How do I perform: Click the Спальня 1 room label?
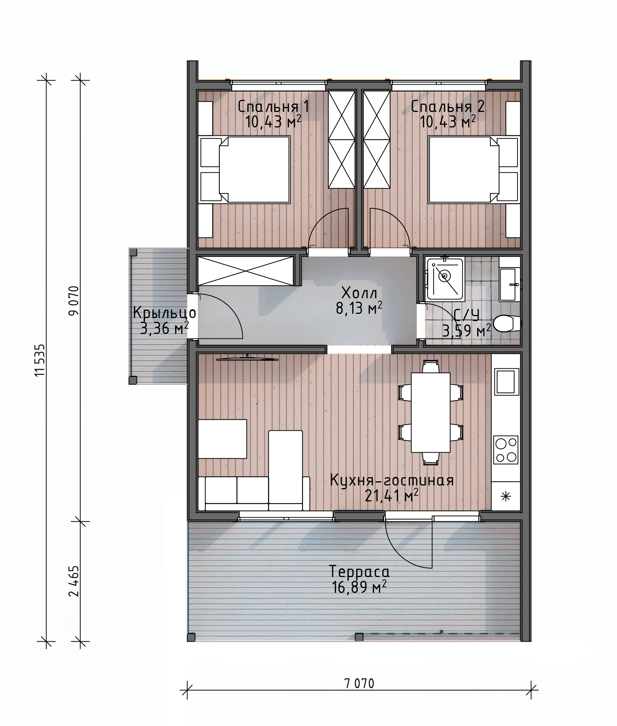(x=273, y=107)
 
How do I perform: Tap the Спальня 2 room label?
(x=448, y=107)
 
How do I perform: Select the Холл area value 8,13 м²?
(x=359, y=309)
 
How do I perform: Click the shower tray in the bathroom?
(x=445, y=278)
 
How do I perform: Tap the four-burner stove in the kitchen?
(x=506, y=450)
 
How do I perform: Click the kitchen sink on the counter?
(x=505, y=382)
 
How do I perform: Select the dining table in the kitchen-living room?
(x=431, y=413)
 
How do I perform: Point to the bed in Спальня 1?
(x=254, y=169)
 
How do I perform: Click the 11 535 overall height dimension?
(x=40, y=359)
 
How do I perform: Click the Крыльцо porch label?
(x=164, y=313)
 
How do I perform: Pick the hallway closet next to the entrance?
(x=246, y=271)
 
